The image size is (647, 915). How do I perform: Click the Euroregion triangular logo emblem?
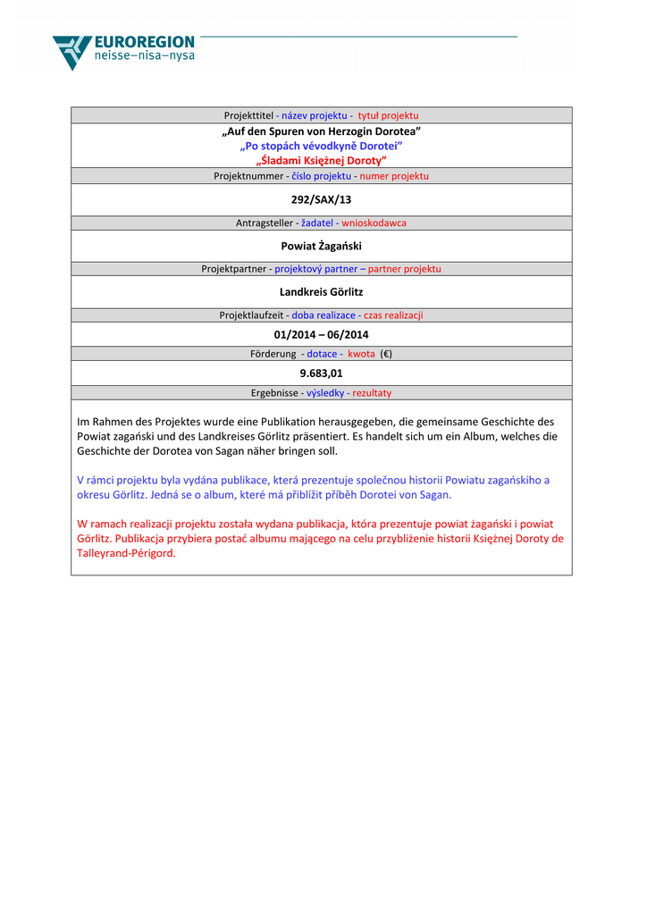pyautogui.click(x=71, y=51)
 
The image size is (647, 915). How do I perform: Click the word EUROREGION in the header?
pyautogui.click(x=145, y=42)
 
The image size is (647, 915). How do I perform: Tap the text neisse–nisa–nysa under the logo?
pyautogui.click(x=144, y=55)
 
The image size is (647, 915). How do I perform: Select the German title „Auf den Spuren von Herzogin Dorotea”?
pyautogui.click(x=321, y=131)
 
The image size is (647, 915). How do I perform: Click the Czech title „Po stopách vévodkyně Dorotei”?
pyautogui.click(x=321, y=146)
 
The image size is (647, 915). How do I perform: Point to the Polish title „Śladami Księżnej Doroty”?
pyautogui.click(x=321, y=160)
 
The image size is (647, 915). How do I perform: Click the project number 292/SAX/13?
pyautogui.click(x=321, y=199)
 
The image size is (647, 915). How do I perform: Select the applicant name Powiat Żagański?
pyautogui.click(x=321, y=245)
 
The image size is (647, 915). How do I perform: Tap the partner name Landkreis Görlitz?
pyautogui.click(x=321, y=291)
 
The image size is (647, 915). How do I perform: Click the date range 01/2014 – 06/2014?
pyautogui.click(x=321, y=334)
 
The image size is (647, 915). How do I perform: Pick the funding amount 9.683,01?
pyautogui.click(x=321, y=373)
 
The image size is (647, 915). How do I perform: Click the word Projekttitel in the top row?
pyautogui.click(x=248, y=115)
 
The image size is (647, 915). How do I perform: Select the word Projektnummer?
pyautogui.click(x=248, y=176)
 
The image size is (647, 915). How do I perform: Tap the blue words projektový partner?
pyautogui.click(x=315, y=268)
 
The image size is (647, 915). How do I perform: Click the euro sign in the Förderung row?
pyautogui.click(x=385, y=354)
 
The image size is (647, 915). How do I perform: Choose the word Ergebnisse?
pyautogui.click(x=274, y=392)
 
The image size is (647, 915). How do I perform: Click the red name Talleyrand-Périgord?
pyautogui.click(x=125, y=553)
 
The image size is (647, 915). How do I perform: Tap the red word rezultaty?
pyautogui.click(x=372, y=392)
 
